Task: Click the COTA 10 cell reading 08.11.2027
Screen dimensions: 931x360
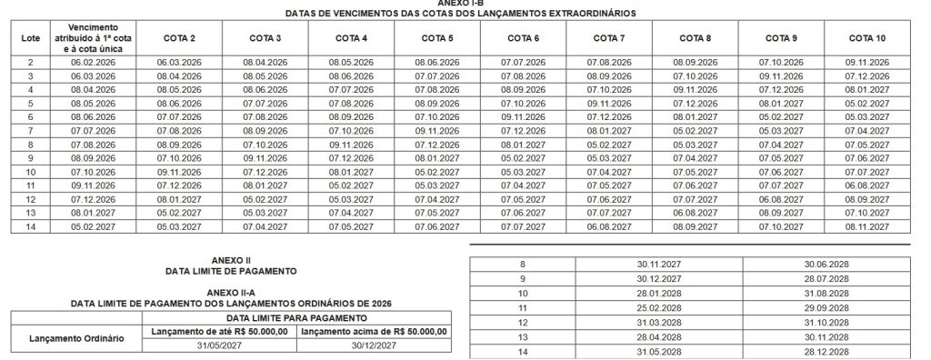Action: pyautogui.click(x=868, y=225)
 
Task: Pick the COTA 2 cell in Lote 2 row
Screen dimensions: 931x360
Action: pyautogui.click(x=180, y=61)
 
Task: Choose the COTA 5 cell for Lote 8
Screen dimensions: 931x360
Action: pyautogui.click(x=437, y=144)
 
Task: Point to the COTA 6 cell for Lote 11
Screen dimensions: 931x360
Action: pyautogui.click(x=523, y=185)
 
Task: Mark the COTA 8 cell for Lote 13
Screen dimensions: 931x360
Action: pyautogui.click(x=695, y=212)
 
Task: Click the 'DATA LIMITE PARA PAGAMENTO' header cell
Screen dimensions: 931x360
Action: pyautogui.click(x=296, y=319)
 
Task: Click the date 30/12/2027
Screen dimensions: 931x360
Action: pyautogui.click(x=374, y=345)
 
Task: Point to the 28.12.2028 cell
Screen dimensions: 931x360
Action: pyautogui.click(x=827, y=351)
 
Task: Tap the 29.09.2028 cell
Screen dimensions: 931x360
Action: pyautogui.click(x=827, y=308)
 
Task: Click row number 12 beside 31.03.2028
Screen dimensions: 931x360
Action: pyautogui.click(x=522, y=323)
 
